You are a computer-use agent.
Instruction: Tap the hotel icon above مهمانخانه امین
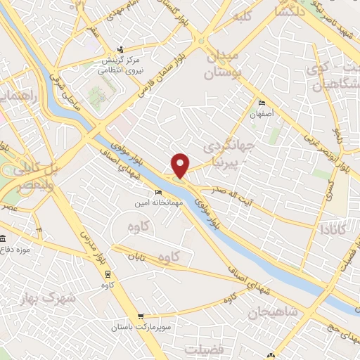158,192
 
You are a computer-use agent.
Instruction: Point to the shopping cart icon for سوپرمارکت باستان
141,317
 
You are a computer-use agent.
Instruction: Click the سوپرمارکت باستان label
141,328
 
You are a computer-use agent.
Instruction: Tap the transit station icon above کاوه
108,274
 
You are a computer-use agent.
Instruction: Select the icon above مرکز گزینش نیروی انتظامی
120,49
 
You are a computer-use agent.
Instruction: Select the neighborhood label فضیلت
204,349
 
